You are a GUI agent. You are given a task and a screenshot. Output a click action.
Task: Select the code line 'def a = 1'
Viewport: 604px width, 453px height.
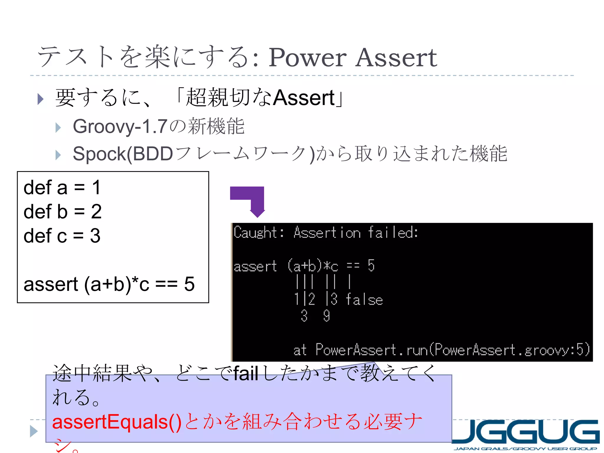pyautogui.click(x=62, y=188)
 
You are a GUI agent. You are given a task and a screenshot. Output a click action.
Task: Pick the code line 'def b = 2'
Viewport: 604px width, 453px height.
pyautogui.click(x=63, y=211)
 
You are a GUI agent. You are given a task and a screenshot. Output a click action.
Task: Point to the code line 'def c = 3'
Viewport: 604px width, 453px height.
pyautogui.click(x=62, y=236)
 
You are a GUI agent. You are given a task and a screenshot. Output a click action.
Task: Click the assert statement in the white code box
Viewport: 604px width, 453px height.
pyautogui.click(x=109, y=284)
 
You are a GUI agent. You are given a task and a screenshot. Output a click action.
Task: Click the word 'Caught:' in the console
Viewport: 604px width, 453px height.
pyautogui.click(x=259, y=232)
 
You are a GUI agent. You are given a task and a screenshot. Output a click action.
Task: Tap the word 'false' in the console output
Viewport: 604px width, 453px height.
pyautogui.click(x=364, y=299)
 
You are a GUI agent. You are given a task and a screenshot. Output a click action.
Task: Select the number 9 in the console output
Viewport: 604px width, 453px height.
pyautogui.click(x=326, y=316)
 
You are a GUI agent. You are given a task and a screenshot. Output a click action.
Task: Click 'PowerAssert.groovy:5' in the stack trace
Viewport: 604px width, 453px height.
pyautogui.click(x=512, y=350)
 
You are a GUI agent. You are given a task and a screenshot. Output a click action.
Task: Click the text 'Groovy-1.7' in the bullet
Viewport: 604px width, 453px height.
pyautogui.click(x=120, y=126)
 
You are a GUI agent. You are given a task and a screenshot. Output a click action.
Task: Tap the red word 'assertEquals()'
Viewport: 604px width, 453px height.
pyautogui.click(x=117, y=422)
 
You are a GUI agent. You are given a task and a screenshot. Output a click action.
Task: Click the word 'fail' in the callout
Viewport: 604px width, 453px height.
pyautogui.click(x=246, y=373)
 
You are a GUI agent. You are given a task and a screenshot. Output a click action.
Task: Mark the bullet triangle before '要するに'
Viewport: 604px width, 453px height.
pyautogui.click(x=41, y=99)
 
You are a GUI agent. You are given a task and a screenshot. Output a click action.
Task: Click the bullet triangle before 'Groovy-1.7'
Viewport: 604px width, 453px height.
pyautogui.click(x=58, y=128)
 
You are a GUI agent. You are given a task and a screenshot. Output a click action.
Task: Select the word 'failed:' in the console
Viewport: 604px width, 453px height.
pyautogui.click(x=393, y=232)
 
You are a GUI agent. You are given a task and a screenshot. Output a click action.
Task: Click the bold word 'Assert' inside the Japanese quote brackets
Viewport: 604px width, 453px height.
pyautogui.click(x=304, y=98)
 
